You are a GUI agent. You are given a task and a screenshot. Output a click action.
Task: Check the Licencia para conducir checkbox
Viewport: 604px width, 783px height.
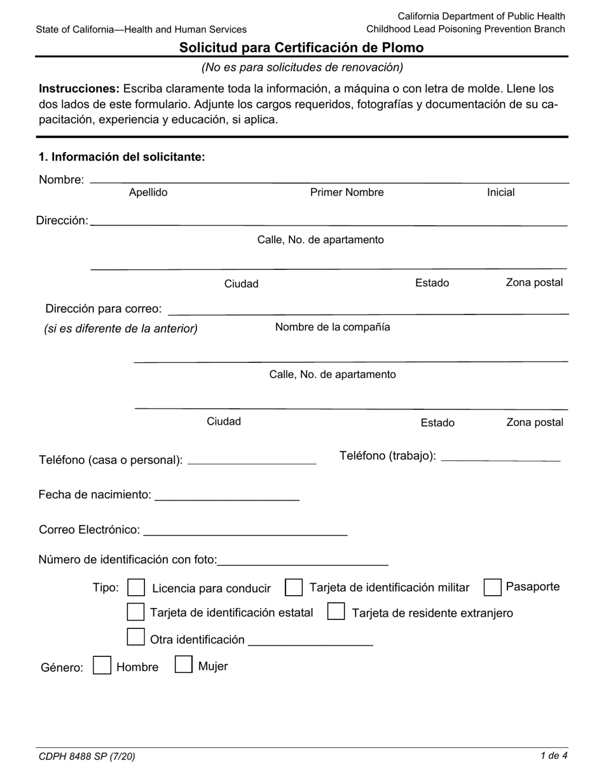pos(136,588)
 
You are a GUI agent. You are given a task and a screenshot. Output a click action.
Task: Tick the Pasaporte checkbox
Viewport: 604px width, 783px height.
pos(493,588)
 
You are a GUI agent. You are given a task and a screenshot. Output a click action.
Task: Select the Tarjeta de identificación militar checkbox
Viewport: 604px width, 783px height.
pos(294,588)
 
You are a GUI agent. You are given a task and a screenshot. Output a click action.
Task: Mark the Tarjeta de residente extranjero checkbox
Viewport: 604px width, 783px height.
pos(336,612)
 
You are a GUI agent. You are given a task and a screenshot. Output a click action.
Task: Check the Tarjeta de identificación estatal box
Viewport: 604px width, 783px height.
pos(136,612)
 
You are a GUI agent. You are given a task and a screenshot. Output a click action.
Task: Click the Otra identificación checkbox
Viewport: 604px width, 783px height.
pos(136,637)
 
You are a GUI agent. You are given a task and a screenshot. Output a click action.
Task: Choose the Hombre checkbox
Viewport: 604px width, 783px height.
pos(102,666)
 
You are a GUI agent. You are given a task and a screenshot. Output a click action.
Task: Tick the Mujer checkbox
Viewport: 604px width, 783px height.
pos(183,665)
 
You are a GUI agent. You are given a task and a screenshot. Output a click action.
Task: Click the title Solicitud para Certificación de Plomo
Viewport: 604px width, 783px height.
pos(301,47)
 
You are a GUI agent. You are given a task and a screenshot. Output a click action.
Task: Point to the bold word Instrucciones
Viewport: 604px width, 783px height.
pos(79,88)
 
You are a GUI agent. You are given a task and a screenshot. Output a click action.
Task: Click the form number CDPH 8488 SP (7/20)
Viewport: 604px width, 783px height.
pos(86,757)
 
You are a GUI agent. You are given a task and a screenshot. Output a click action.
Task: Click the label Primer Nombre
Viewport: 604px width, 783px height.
pos(347,192)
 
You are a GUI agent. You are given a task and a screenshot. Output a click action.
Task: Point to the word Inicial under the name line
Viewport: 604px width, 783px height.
pos(501,192)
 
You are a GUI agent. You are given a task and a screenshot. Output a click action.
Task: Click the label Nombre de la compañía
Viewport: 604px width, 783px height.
pos(333,327)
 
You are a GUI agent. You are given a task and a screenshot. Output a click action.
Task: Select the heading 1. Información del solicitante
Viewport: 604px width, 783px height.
pos(122,157)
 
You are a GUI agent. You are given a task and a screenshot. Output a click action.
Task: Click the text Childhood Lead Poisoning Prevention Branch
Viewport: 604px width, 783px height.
pos(465,29)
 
